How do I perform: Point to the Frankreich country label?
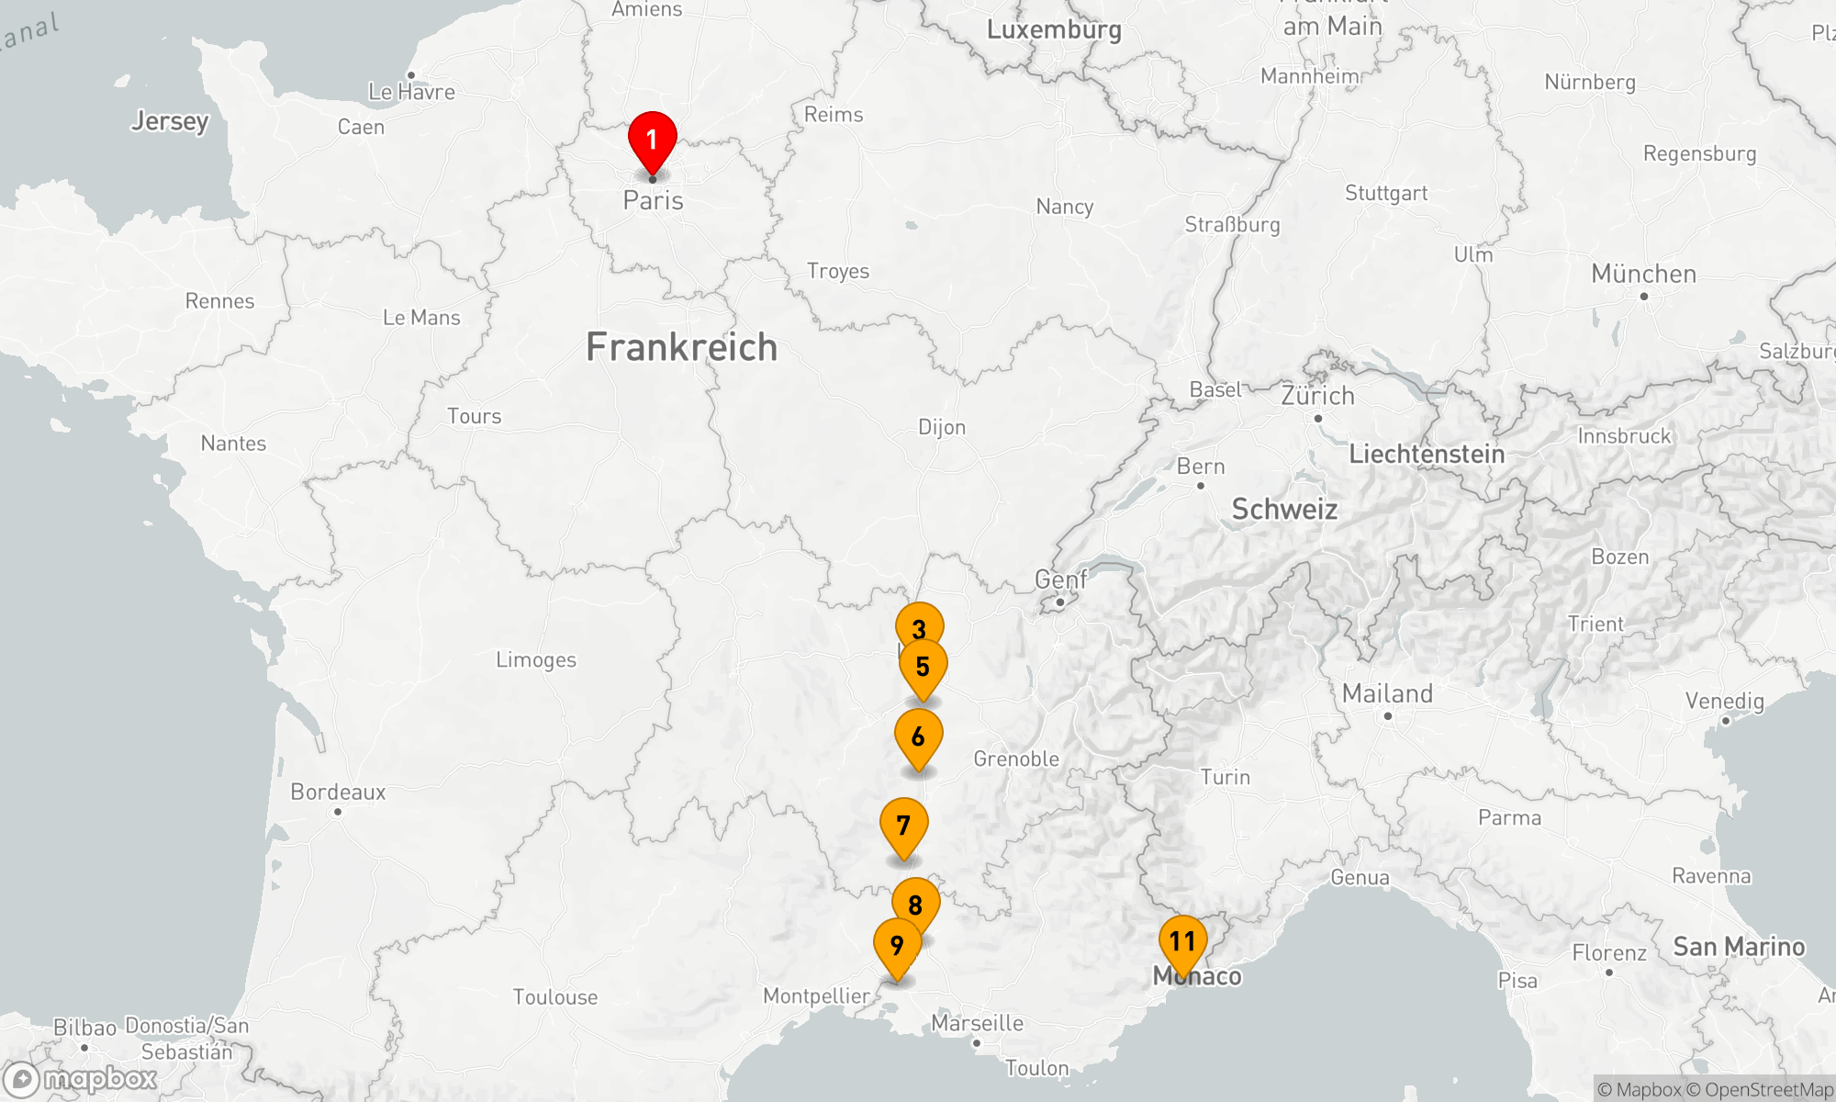click(681, 347)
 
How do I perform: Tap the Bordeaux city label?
click(338, 792)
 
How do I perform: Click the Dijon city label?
click(942, 427)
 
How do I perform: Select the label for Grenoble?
click(1016, 759)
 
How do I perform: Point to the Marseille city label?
click(977, 1023)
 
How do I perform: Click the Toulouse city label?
click(555, 997)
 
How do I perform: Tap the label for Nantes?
click(233, 444)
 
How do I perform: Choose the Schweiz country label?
click(1284, 509)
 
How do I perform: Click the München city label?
click(1643, 274)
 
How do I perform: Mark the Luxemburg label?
click(1054, 29)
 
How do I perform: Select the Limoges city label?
click(536, 660)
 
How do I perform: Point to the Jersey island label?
click(170, 120)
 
